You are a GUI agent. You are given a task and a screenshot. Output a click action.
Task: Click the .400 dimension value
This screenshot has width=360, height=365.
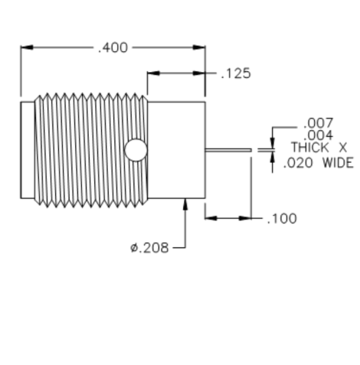113,48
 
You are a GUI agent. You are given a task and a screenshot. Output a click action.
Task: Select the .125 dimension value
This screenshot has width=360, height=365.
236,73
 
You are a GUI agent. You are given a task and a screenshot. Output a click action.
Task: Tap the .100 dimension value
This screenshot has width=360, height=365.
282,219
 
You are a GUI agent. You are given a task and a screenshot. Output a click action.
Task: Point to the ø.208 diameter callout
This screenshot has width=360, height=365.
149,248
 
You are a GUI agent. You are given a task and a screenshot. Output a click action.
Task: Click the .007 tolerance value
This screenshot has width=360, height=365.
318,123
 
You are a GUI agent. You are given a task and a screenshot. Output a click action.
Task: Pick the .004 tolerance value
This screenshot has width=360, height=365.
318,135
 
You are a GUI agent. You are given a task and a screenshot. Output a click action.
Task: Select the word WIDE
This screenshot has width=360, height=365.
338,163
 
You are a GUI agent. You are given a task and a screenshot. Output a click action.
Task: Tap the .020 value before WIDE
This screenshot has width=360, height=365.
298,163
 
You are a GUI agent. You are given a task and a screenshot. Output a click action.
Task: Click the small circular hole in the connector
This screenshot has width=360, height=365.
136,150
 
